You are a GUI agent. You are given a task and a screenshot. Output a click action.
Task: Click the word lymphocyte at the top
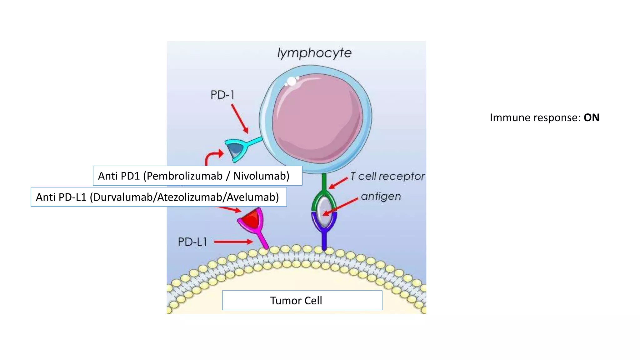[x=314, y=53]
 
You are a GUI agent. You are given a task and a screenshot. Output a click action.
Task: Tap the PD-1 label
[x=222, y=95]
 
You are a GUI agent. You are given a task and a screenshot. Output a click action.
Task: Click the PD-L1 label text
[x=192, y=242]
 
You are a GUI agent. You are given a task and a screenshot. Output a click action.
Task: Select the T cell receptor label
[x=387, y=176]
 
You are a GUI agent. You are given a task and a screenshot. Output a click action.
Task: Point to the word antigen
[x=381, y=197]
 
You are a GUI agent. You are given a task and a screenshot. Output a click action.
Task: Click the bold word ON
[x=591, y=118]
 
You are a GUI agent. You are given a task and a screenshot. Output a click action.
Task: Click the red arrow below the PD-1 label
[x=240, y=119]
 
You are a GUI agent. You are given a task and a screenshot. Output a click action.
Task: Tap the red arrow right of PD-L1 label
[x=233, y=242]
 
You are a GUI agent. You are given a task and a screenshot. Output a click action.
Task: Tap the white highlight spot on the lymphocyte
[x=292, y=82]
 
